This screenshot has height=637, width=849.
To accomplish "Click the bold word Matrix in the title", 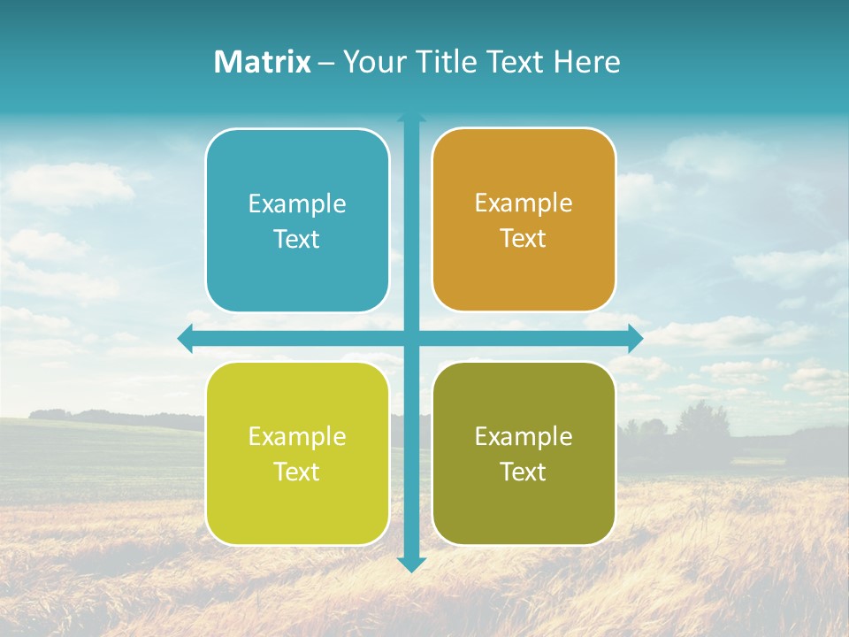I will pos(263,62).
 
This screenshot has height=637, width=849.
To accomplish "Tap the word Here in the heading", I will pos(586,62).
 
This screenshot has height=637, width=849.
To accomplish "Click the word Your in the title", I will pos(374,62).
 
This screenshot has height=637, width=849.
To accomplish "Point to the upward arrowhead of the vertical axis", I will pos(411,117).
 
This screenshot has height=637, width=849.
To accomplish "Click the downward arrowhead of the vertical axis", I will pos(411,564).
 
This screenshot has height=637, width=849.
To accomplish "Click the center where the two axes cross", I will pos(411,338).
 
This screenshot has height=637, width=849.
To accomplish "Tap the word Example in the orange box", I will pos(524,203).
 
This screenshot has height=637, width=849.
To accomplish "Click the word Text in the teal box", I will pos(297,240).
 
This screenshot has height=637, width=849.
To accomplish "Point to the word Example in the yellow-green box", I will pos(297,436).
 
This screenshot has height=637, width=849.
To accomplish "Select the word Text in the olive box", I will pos(524,472).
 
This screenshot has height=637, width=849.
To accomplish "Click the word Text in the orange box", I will pos(524,239).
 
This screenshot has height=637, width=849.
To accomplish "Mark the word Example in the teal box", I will pos(297,204).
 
